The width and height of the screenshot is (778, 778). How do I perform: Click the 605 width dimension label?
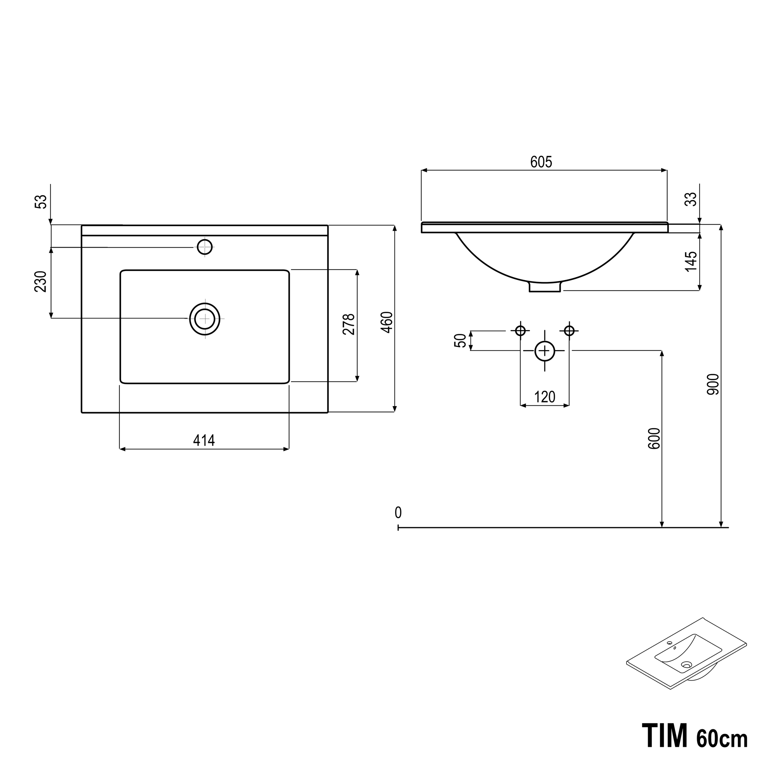[541, 162]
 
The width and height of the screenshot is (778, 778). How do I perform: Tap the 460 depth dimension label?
[387, 322]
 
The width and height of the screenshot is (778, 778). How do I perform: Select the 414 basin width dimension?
[204, 441]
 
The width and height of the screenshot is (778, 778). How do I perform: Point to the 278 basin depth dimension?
[349, 324]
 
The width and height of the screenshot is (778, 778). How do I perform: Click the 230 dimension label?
[41, 282]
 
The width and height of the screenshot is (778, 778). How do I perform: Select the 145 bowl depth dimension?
[691, 261]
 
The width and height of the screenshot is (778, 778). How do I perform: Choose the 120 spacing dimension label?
[544, 397]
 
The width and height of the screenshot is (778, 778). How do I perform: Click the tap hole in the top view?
[204, 247]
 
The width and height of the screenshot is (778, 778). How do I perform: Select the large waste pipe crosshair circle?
[544, 351]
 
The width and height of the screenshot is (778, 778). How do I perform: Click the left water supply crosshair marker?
[520, 330]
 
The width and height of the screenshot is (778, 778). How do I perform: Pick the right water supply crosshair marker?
[569, 330]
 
